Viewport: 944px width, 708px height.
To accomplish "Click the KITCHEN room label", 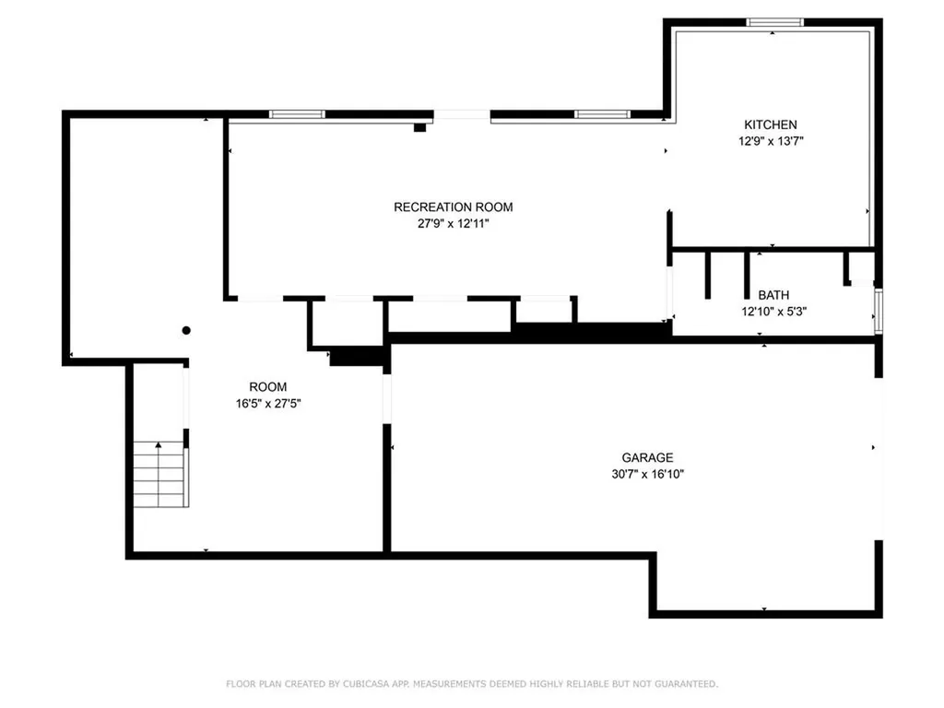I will point(771,124).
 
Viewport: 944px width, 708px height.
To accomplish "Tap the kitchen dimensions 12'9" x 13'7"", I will point(771,141).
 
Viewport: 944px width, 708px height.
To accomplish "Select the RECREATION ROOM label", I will point(453,207).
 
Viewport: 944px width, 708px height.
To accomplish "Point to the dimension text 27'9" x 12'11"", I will point(453,224).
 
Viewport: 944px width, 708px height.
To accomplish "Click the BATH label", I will point(773,295).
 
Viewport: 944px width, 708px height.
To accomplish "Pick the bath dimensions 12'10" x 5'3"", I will point(773,312).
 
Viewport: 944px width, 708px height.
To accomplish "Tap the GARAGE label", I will point(647,457).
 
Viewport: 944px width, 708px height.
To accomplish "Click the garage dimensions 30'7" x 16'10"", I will point(647,474).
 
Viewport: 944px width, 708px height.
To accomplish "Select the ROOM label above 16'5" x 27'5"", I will point(267,387).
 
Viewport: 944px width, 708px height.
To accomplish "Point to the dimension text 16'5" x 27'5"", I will point(267,404).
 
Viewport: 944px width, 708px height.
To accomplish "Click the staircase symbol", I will point(160,474).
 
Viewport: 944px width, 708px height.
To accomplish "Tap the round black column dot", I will point(186,330).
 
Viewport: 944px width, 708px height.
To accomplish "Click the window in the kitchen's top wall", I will point(774,22).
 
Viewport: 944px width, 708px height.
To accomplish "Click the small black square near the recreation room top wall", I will point(419,128).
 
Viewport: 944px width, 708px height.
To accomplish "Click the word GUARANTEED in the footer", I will point(684,684).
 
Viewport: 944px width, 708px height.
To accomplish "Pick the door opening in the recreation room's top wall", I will point(462,115).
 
